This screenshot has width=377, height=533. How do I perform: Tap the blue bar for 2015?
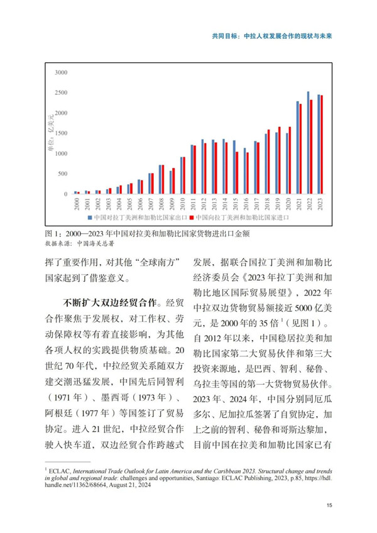[234, 167]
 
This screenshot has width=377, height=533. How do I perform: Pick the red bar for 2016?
[248, 173]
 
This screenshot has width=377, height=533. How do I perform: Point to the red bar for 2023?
[322, 145]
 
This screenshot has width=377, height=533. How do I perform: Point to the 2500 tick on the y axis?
[60, 93]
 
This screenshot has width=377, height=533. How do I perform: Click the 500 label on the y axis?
[62, 173]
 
